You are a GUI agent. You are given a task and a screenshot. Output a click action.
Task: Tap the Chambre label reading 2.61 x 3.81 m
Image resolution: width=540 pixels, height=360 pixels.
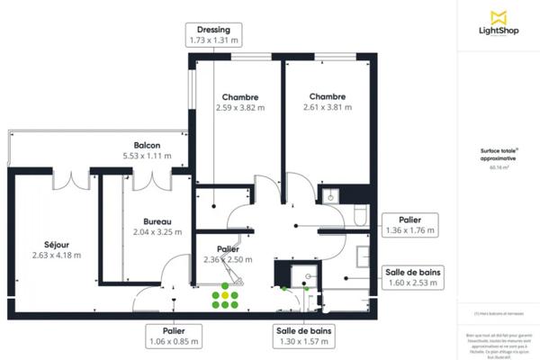tap(328, 102)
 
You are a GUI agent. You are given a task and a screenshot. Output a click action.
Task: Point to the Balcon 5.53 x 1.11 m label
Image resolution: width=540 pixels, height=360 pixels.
tap(148, 150)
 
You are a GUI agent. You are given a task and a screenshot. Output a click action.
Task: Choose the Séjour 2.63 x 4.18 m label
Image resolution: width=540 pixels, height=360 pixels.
tap(56, 248)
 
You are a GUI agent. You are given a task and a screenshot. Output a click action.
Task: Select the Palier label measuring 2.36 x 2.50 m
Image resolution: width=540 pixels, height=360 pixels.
tap(228, 255)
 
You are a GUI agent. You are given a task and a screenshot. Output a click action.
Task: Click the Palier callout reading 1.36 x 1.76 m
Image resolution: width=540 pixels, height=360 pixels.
tap(409, 225)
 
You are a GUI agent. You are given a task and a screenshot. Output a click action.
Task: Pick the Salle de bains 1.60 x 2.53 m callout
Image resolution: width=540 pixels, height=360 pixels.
tap(412, 277)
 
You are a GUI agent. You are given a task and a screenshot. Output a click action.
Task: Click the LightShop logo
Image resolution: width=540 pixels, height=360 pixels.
tap(497, 23)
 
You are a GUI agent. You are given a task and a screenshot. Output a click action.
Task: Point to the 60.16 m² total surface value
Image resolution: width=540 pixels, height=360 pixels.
tap(498, 167)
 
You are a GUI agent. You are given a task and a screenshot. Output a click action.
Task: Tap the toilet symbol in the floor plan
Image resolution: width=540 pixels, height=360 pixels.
tap(360, 213)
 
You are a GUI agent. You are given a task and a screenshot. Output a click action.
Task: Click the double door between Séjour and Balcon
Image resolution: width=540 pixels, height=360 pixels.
tap(70, 180)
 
